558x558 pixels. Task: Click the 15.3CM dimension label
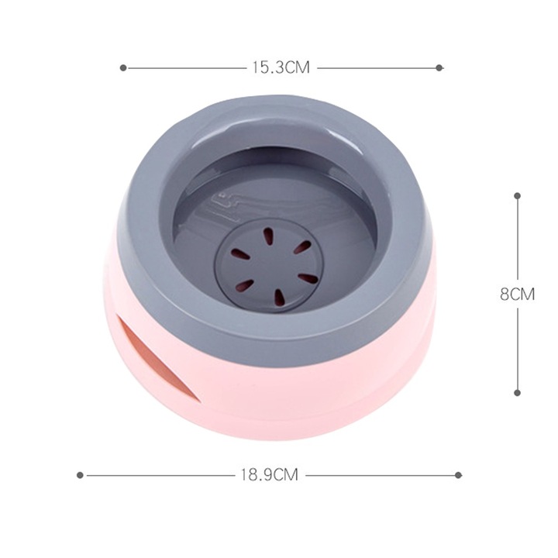click(x=280, y=68)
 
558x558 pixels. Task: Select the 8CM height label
click(x=517, y=294)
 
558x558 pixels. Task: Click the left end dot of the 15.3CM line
click(x=123, y=68)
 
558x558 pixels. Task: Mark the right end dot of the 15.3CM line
click(x=439, y=68)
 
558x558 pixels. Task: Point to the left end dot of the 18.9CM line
click(x=80, y=474)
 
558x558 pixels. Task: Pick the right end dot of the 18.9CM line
click(x=458, y=474)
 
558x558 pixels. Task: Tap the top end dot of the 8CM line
click(x=517, y=195)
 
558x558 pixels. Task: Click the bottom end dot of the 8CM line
click(x=517, y=393)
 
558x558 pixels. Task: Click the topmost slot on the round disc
click(x=268, y=236)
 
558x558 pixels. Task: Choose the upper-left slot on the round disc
click(x=241, y=253)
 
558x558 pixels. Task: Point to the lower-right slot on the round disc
click(x=308, y=277)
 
